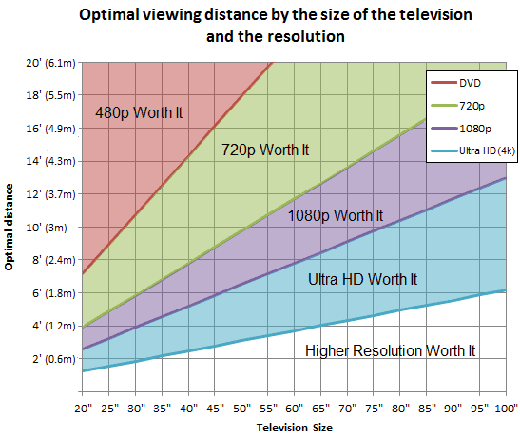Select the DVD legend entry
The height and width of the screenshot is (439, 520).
471,82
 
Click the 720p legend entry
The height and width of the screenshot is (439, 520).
471,105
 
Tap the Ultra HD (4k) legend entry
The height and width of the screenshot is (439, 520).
483,150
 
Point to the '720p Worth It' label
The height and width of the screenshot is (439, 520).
265,150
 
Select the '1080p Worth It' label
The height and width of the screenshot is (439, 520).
336,215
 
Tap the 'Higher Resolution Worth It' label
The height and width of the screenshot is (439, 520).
390,350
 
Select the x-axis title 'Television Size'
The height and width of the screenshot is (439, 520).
294,428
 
